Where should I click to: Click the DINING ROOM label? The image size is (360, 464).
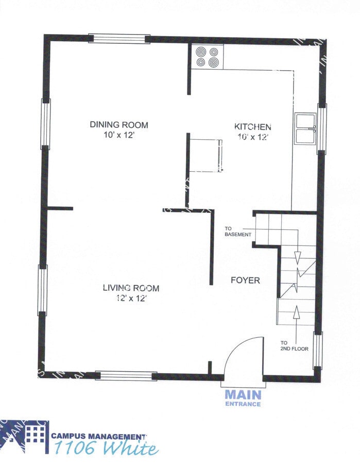click(119, 125)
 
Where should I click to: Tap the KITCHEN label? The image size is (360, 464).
click(252, 127)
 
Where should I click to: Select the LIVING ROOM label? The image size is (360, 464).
click(130, 288)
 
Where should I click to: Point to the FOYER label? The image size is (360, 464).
click(245, 280)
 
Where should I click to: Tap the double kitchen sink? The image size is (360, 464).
click(304, 128)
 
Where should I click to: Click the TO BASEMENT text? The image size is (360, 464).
click(237, 231)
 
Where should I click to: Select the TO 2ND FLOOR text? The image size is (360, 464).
click(294, 345)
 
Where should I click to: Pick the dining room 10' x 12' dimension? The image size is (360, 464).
click(119, 135)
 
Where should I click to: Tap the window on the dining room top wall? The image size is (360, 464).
click(119, 39)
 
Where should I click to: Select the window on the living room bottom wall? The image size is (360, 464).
click(126, 376)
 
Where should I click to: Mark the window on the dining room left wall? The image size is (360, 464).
click(45, 124)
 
